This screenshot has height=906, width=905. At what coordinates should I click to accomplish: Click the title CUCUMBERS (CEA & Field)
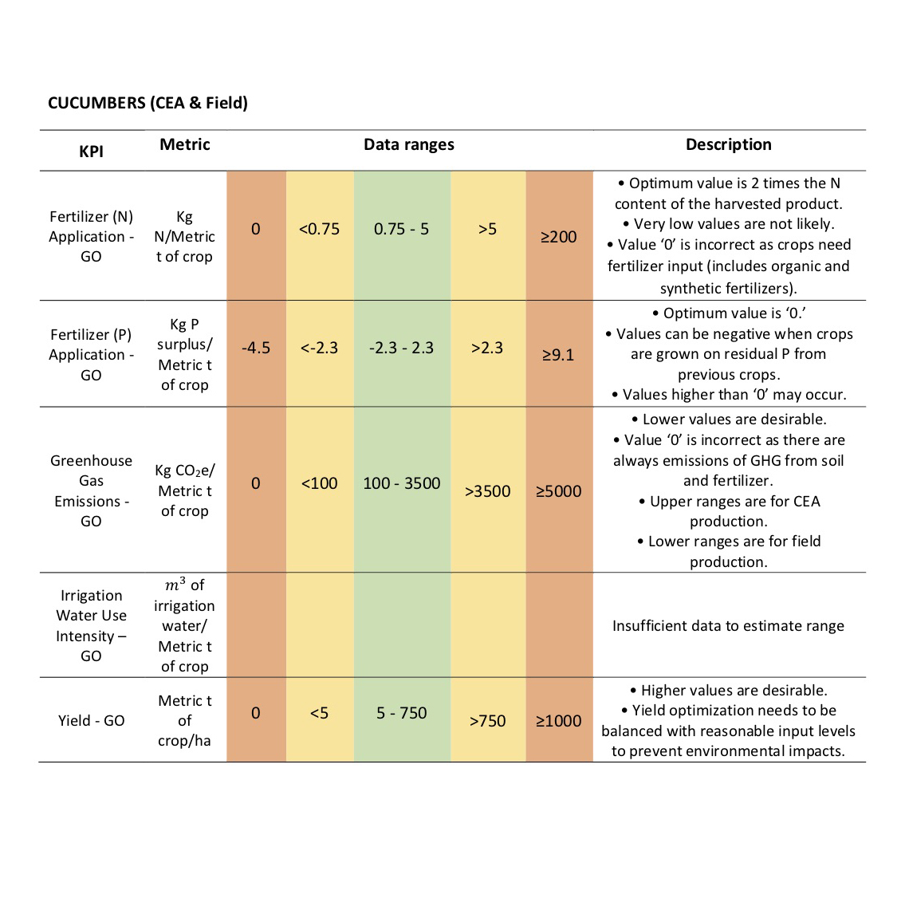pyautogui.click(x=148, y=103)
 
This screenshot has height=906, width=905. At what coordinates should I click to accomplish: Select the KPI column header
pyautogui.click(x=91, y=152)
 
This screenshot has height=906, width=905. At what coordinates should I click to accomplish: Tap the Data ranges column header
pyautogui.click(x=409, y=144)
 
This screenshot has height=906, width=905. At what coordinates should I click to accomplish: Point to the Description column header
pyautogui.click(x=728, y=144)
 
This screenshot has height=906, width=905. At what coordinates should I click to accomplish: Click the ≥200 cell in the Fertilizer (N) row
pyautogui.click(x=558, y=237)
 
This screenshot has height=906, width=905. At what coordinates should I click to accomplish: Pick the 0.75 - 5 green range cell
pyautogui.click(x=401, y=230)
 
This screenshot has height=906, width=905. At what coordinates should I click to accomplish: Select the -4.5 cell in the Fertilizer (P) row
pyautogui.click(x=256, y=348)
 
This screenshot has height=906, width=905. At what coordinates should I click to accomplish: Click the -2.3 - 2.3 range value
pyautogui.click(x=401, y=348)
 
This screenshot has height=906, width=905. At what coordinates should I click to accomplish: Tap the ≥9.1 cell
pyautogui.click(x=558, y=355)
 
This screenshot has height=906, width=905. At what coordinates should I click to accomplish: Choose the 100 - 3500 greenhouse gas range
pyautogui.click(x=401, y=483)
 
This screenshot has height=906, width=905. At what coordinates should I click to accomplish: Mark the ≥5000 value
pyautogui.click(x=558, y=491)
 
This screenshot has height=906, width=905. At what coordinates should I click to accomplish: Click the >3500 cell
pyautogui.click(x=487, y=491)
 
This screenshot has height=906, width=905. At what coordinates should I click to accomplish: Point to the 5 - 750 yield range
pyautogui.click(x=401, y=713)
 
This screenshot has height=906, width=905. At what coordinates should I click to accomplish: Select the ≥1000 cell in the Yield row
pyautogui.click(x=558, y=721)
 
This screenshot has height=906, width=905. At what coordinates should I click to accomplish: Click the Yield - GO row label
pyautogui.click(x=91, y=720)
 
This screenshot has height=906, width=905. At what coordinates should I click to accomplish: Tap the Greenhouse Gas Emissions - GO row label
pyautogui.click(x=91, y=490)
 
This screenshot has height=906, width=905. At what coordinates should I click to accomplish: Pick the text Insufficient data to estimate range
pyautogui.click(x=728, y=626)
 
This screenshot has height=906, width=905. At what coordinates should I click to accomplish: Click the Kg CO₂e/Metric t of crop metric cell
pyautogui.click(x=185, y=490)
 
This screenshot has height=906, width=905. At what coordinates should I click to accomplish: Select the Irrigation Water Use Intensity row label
pyautogui.click(x=91, y=625)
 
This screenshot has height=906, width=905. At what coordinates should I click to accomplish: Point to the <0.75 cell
pyautogui.click(x=320, y=230)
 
